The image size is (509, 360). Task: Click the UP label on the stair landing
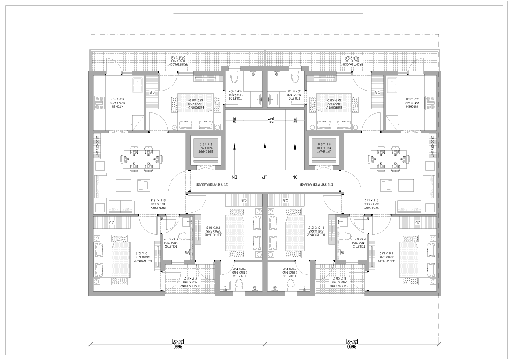click(x=265, y=177)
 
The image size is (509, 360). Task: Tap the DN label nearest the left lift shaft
click(x=234, y=177)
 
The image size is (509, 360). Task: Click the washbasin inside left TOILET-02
click(x=187, y=221)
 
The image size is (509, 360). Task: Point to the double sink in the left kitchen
click(x=138, y=85)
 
